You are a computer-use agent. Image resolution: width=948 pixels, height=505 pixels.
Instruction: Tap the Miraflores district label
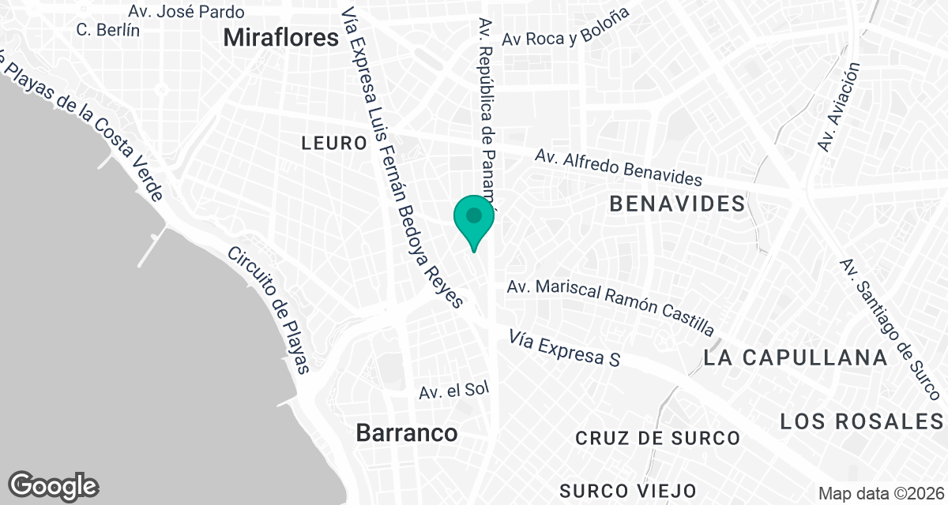click(x=280, y=36)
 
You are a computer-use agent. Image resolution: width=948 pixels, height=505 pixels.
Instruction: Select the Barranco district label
click(x=406, y=432)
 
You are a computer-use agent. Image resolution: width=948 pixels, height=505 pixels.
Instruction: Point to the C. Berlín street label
click(x=108, y=30)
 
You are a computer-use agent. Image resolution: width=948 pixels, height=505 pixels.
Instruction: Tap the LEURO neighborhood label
click(x=334, y=143)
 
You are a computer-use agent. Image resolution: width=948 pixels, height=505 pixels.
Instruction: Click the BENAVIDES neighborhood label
click(x=677, y=204)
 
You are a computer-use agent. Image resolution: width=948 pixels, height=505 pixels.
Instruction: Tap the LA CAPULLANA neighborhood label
click(x=796, y=357)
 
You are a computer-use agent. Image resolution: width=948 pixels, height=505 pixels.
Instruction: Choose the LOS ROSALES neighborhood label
click(x=863, y=421)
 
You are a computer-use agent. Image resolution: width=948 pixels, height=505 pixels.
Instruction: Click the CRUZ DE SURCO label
click(x=657, y=438)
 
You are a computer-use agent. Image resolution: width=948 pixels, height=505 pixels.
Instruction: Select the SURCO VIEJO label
click(x=627, y=491)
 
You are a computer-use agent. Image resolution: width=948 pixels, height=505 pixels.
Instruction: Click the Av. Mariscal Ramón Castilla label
click(x=611, y=305)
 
